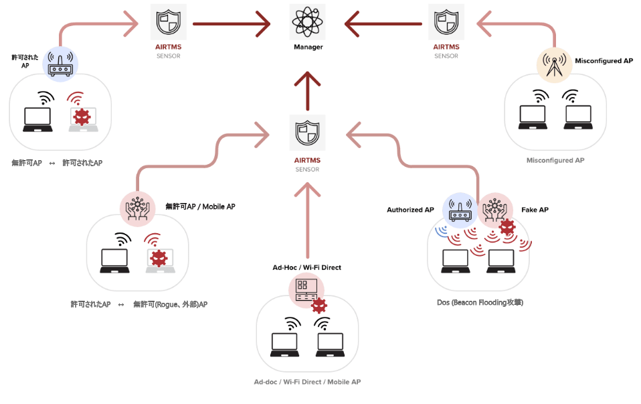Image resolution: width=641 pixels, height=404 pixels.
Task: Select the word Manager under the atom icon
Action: click(x=308, y=48)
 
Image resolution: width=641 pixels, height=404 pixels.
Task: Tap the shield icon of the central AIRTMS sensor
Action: click(x=308, y=133)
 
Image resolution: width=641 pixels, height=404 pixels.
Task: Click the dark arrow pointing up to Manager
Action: click(x=308, y=90)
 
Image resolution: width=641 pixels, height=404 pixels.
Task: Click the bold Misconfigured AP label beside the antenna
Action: click(x=604, y=61)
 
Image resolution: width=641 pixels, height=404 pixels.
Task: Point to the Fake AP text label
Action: click(x=535, y=210)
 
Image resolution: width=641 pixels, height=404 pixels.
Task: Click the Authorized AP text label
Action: click(x=410, y=210)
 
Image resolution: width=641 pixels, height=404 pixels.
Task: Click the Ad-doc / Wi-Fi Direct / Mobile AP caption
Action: click(x=307, y=382)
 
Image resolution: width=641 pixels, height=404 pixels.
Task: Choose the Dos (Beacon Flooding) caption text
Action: click(x=479, y=303)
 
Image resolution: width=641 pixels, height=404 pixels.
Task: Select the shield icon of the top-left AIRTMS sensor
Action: click(x=168, y=23)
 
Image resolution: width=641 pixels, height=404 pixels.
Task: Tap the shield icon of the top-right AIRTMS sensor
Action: click(x=446, y=23)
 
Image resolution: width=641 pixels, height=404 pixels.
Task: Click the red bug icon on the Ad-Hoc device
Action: click(x=320, y=306)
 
